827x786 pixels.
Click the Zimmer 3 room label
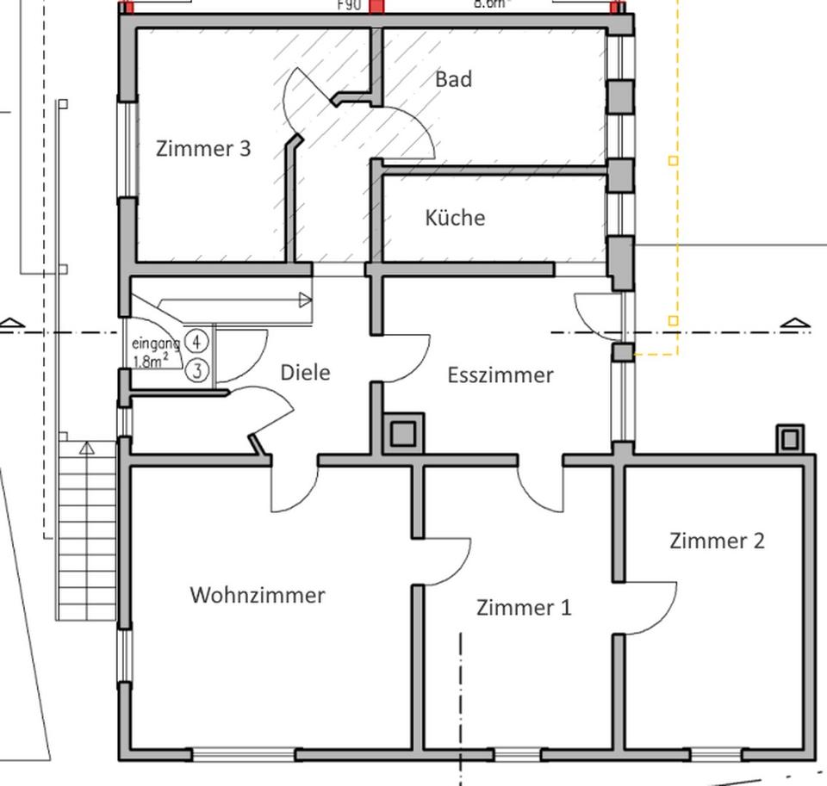point(203,148)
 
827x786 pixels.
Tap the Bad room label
point(453,79)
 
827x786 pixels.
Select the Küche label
point(455,218)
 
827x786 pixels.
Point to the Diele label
point(306,373)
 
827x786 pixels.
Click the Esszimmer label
point(501,375)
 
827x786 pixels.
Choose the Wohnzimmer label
point(258,595)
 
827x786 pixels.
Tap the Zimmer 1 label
point(524,608)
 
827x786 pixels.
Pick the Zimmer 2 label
point(717,541)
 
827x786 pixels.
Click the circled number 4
point(197,342)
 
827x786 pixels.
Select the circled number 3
point(197,371)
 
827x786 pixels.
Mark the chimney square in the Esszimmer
point(402,434)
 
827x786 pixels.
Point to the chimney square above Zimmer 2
point(789,440)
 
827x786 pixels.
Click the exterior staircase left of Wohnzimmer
point(86,529)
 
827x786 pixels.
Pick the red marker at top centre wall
point(376,6)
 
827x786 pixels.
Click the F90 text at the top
point(348,4)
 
